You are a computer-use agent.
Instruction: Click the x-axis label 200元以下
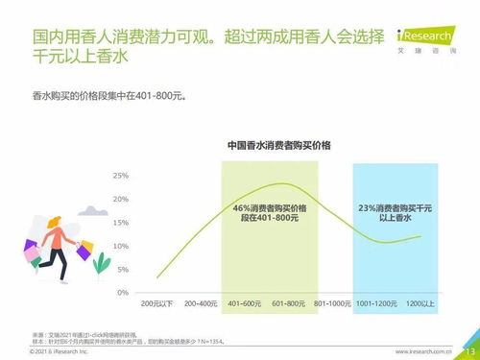[157, 303]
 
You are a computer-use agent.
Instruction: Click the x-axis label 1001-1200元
[378, 303]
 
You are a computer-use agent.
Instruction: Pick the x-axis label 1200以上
[420, 303]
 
